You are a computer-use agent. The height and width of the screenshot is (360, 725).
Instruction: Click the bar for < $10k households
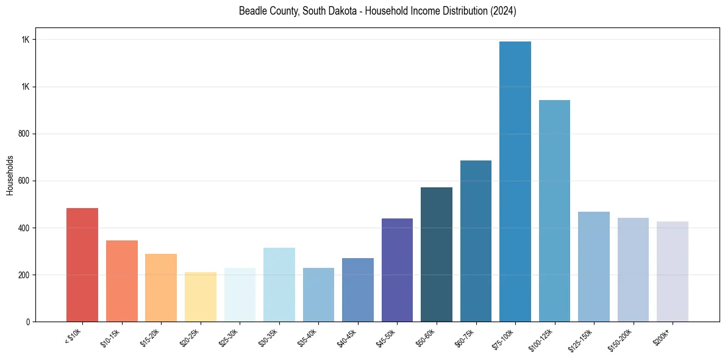(x=82, y=265)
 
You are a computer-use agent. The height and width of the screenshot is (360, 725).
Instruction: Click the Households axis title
(x=10, y=175)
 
